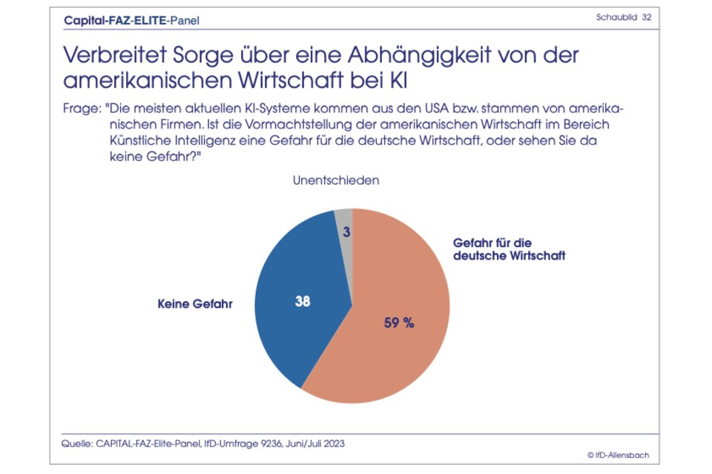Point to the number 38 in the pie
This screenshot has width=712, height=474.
pos(302,302)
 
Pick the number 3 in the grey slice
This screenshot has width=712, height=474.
pos(346,232)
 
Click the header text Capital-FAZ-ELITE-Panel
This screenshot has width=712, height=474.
pos(132,20)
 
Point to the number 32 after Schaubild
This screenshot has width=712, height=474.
pos(647,17)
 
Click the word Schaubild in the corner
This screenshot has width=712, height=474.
pos(616,17)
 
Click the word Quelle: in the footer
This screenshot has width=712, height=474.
pos(76,444)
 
